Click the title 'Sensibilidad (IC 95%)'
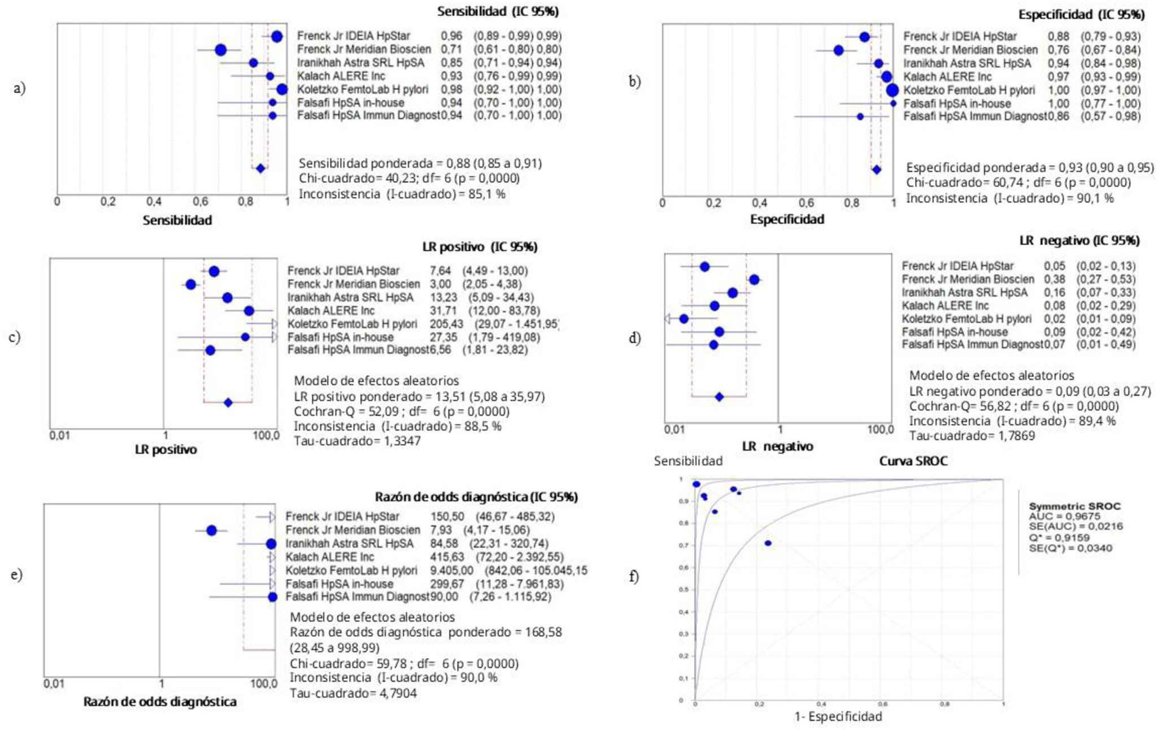pos(498,11)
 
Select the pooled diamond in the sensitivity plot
pos(260,168)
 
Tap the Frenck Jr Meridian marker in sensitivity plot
pos(220,50)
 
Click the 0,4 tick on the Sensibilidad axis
pos(154,202)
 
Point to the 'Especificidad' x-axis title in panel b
pos(787,219)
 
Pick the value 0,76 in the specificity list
pos(1058,50)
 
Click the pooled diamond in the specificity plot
pos(876,170)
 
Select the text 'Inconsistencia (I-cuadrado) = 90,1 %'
pos(1010,198)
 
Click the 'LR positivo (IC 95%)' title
pos(480,247)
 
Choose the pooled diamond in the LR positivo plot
pos(228,403)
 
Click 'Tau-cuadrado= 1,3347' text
pos(357,441)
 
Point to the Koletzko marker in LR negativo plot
pos(684,319)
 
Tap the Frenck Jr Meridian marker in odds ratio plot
pos(211,531)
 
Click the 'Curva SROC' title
pos(913,461)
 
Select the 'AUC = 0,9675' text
pos(1064,516)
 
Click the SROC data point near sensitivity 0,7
pos(768,543)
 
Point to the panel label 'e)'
pos(16,575)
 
